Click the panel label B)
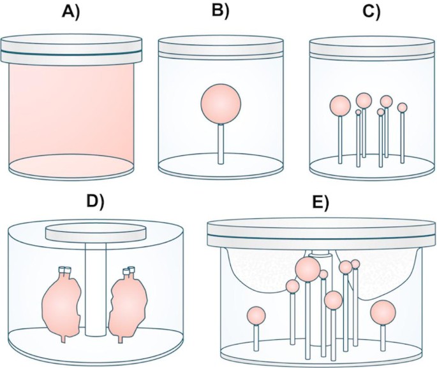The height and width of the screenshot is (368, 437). click(x=220, y=11)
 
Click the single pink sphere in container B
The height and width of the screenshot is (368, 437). click(x=221, y=104)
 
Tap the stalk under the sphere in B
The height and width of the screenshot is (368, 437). click(x=221, y=143)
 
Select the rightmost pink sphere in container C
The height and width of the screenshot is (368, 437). click(x=402, y=108)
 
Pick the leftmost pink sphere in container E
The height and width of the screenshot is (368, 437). click(x=256, y=315)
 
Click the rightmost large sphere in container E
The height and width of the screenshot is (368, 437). click(x=383, y=313)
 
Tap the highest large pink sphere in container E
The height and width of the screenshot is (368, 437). click(x=307, y=268)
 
